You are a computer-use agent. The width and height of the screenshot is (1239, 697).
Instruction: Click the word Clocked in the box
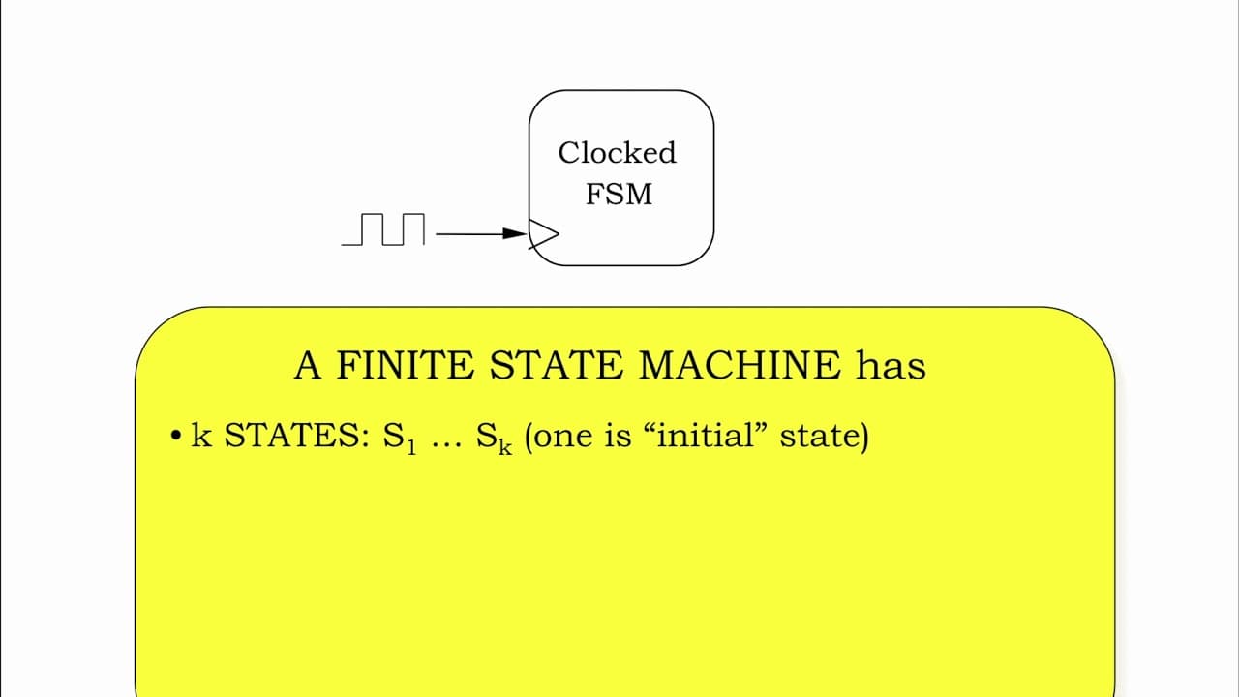(x=617, y=153)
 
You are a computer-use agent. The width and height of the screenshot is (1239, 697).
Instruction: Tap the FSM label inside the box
(x=619, y=194)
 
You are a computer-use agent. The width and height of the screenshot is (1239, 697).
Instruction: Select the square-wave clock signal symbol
(x=383, y=229)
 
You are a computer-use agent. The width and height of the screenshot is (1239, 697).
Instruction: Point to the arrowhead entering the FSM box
(x=515, y=234)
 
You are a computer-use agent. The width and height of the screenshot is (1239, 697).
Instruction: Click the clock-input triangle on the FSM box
(x=543, y=234)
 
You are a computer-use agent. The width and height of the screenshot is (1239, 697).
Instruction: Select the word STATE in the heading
(x=556, y=365)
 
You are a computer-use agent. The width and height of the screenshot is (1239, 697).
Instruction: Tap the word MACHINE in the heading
(x=740, y=365)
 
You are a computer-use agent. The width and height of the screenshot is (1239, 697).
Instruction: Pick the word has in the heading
(x=891, y=365)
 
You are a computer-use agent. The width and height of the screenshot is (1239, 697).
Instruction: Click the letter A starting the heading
(x=308, y=365)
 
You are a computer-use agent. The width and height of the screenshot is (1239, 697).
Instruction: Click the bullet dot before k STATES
(x=176, y=436)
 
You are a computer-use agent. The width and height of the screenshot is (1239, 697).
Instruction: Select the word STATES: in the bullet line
(x=296, y=436)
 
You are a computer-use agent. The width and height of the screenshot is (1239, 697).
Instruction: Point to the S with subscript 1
(x=399, y=437)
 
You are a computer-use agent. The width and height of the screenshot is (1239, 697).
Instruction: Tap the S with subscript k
(x=494, y=437)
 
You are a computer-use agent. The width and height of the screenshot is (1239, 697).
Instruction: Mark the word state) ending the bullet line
(x=825, y=437)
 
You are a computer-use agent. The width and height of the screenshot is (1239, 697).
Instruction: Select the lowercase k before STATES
(x=201, y=435)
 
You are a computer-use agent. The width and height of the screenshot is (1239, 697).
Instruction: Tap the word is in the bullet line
(x=618, y=436)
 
